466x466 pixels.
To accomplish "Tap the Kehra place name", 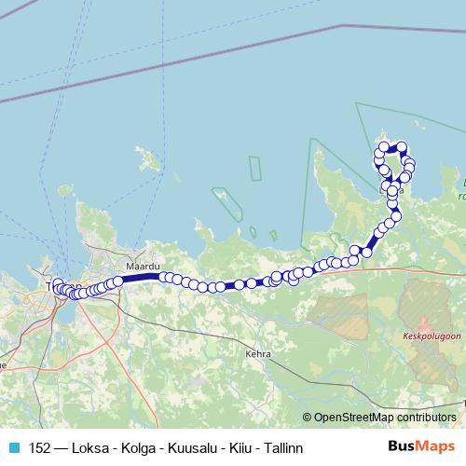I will point(257,354).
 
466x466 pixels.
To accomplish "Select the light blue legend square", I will point(11,447).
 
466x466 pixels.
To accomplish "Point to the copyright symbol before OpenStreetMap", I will point(308,418).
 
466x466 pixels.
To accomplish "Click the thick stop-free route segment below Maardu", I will point(141,277).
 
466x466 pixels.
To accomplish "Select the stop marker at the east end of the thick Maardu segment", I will point(164,277).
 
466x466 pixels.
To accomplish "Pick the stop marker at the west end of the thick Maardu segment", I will point(118,279).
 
